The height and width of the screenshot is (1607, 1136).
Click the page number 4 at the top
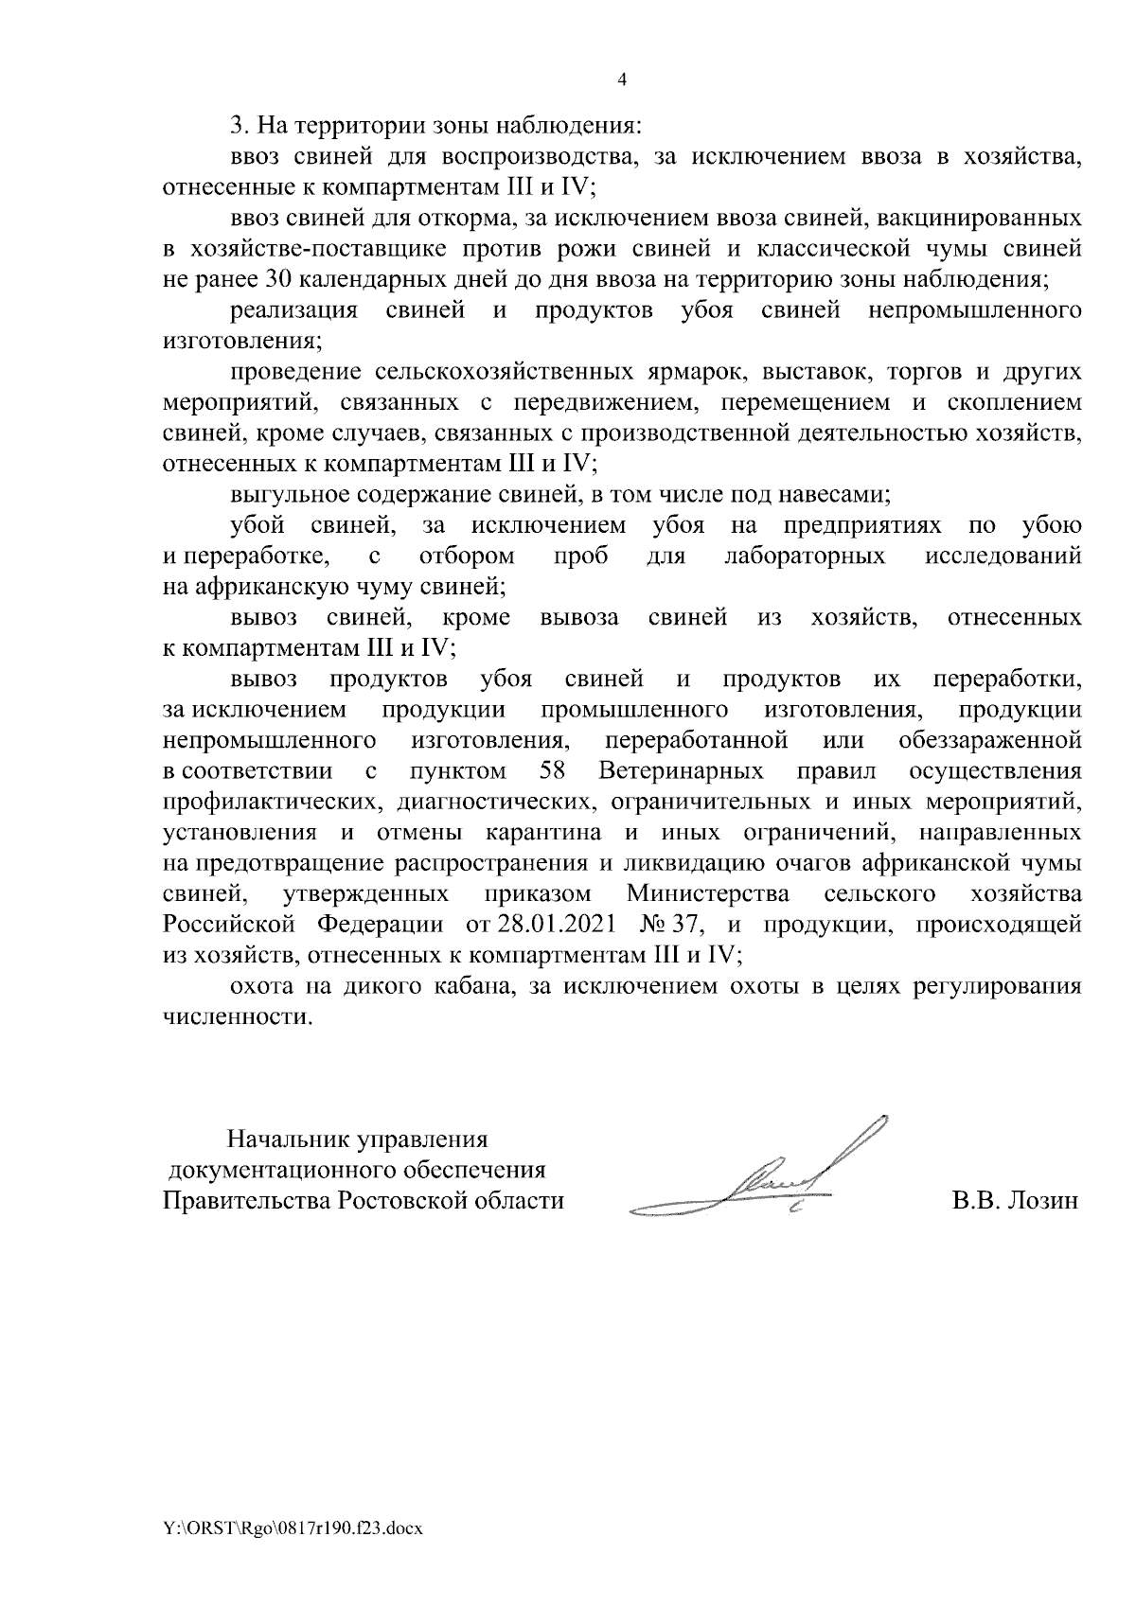(622, 80)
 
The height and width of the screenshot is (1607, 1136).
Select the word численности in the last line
(236, 1017)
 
